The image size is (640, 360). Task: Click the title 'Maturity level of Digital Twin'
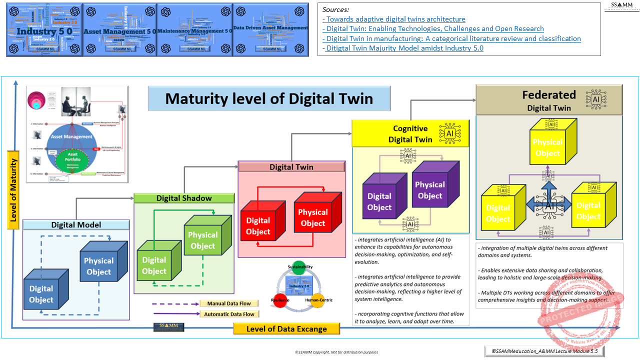(269, 98)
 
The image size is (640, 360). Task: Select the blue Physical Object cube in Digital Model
(98, 266)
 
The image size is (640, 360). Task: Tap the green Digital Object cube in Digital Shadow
(154, 265)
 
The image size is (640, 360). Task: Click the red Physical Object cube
(313, 217)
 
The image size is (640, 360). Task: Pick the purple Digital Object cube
(379, 201)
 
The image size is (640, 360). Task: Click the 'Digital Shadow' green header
(184, 198)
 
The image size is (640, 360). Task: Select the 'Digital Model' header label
(76, 225)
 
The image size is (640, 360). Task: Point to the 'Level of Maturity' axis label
(13, 190)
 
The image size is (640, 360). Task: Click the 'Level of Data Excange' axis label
(286, 328)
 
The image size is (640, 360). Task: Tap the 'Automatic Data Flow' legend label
(229, 314)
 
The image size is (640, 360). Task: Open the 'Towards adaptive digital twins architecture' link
(394, 19)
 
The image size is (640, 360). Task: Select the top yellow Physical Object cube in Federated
(547, 147)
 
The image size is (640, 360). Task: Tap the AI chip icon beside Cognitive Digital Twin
(449, 133)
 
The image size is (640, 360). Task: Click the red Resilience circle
(280, 300)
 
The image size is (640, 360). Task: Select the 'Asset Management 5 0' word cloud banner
(119, 30)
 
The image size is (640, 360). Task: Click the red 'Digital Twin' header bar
(291, 167)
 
